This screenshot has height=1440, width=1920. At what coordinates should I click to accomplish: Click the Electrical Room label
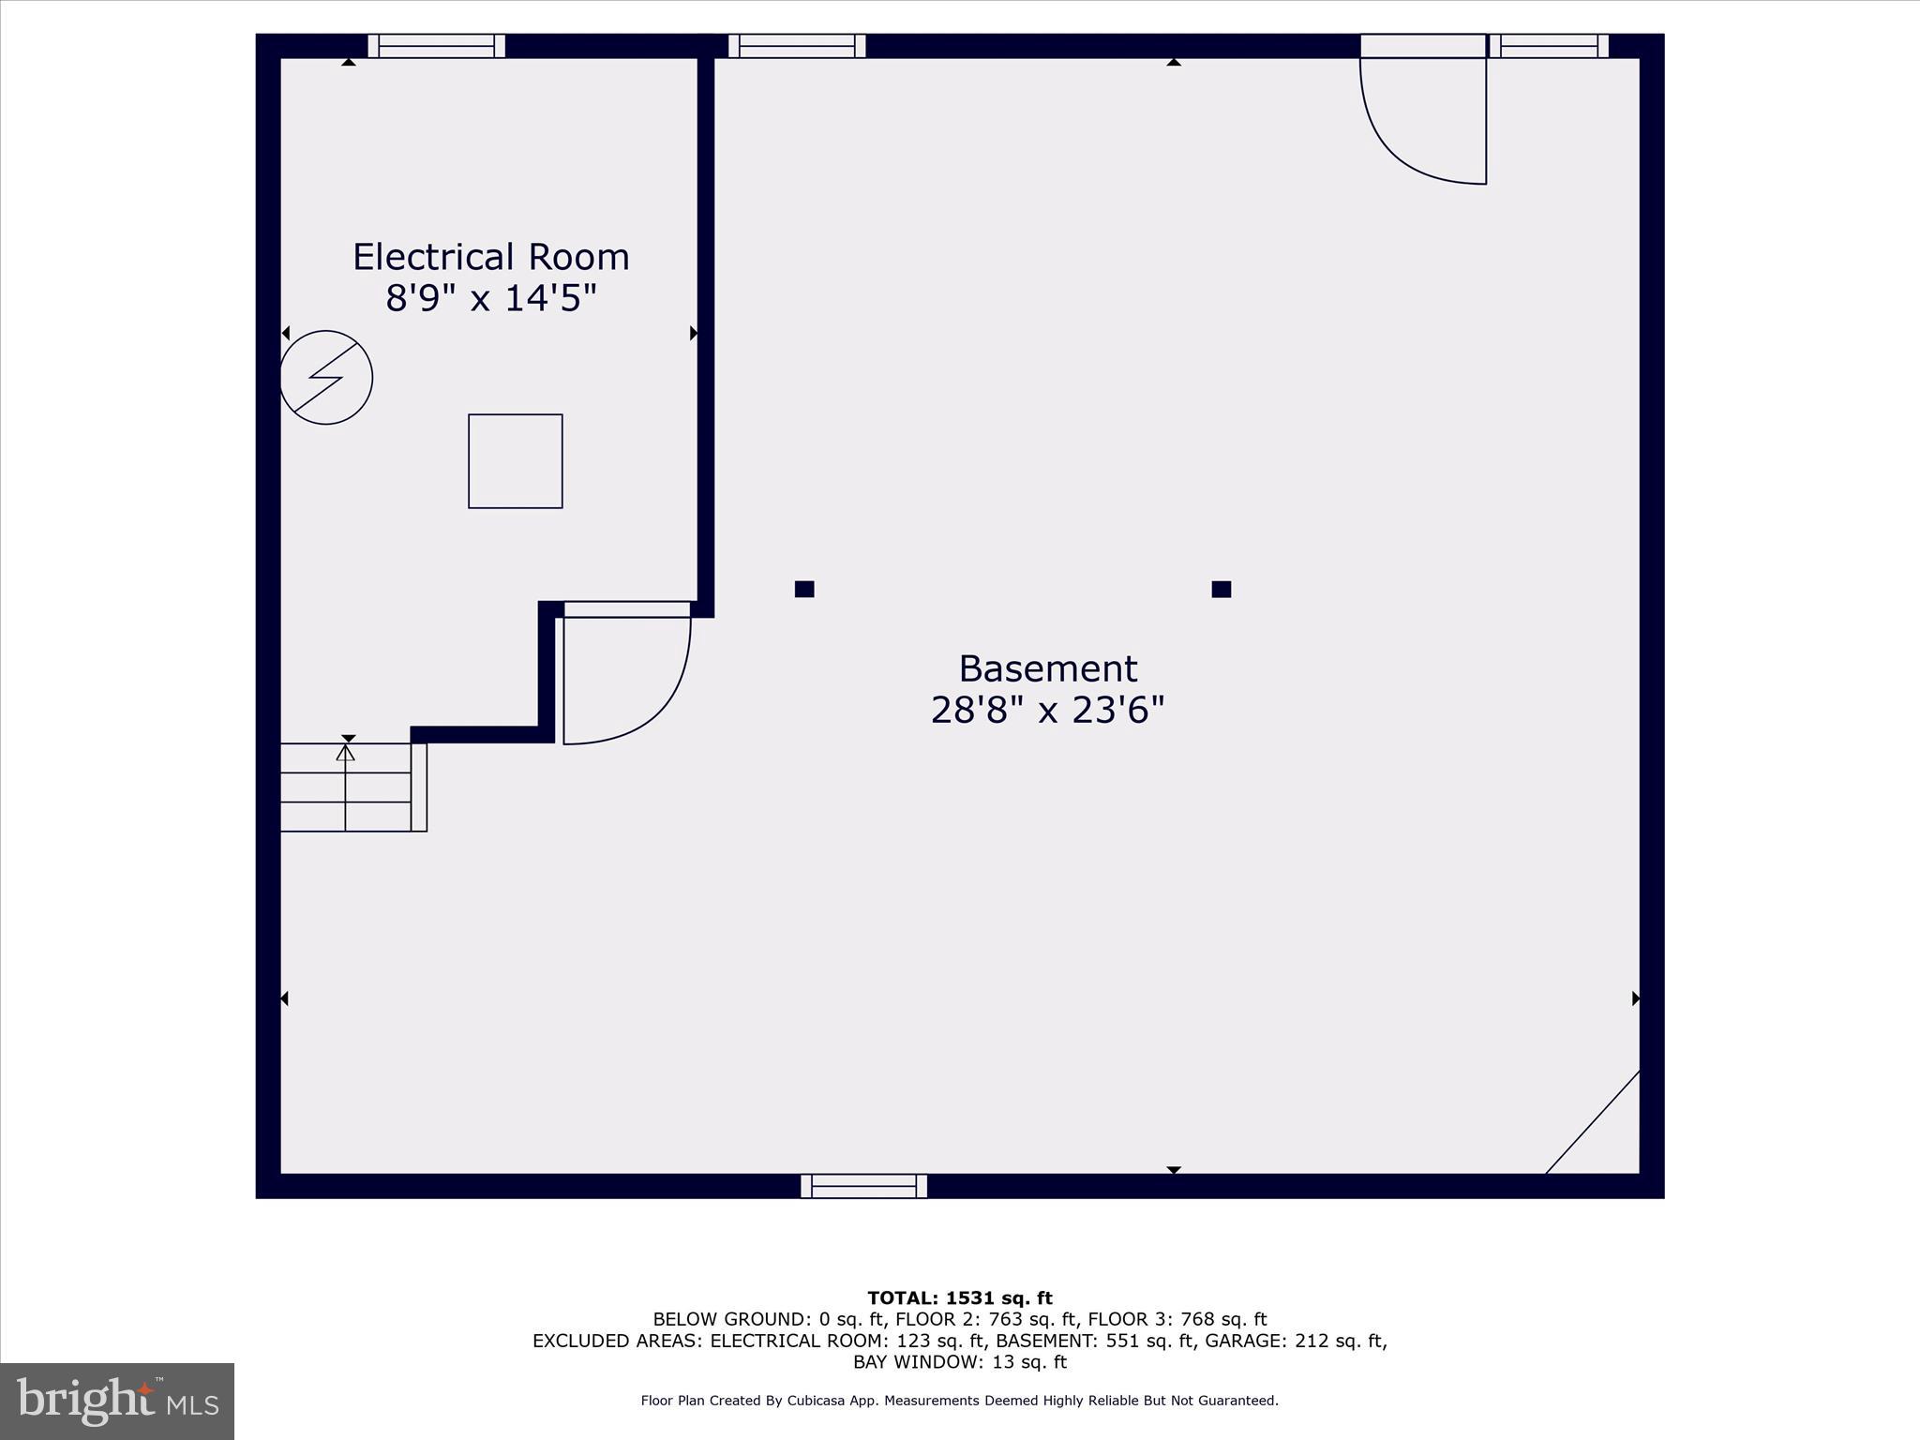tap(490, 257)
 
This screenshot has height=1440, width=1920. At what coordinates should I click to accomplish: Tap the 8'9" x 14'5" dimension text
tap(490, 299)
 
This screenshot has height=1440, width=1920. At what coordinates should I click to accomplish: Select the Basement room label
tap(1047, 669)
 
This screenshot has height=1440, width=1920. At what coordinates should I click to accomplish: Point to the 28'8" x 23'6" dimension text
tap(1047, 711)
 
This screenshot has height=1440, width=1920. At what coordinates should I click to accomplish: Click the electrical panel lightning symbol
tap(326, 377)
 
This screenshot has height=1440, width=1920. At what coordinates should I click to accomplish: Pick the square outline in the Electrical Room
tap(515, 461)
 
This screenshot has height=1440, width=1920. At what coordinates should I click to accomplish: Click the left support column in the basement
tap(804, 589)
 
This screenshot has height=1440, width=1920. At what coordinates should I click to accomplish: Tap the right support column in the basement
tap(1221, 589)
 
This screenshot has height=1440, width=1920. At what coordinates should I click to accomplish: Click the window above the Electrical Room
tap(436, 46)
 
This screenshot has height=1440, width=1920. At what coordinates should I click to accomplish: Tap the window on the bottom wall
tap(863, 1186)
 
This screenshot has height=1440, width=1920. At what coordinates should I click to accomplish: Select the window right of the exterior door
tap(1549, 46)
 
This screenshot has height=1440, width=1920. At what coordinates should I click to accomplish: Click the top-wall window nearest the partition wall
tap(797, 46)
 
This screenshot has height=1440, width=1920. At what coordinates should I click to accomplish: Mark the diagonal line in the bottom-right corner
tap(1593, 1122)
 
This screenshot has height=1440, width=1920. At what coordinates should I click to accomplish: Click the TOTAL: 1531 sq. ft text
tap(960, 1298)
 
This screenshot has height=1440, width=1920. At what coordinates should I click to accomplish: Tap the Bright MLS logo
tap(117, 1402)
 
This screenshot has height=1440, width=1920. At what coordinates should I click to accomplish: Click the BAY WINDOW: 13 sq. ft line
tap(960, 1362)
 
